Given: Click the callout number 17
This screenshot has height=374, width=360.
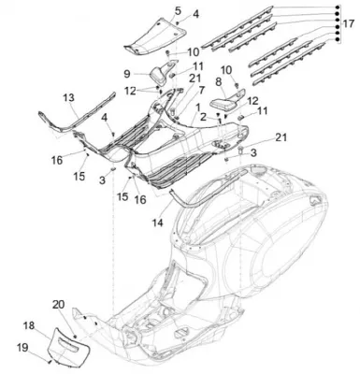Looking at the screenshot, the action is [349, 23].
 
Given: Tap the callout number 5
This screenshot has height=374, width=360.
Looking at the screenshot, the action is [178, 10].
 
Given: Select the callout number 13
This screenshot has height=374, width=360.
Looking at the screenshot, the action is [69, 97].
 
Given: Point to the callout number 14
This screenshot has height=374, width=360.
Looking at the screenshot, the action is [158, 223].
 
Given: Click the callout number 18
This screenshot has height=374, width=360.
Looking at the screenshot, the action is [30, 326].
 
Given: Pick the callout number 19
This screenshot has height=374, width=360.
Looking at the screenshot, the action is [22, 347].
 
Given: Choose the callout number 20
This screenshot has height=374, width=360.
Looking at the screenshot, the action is [58, 304].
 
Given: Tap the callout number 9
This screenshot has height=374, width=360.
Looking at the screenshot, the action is [127, 74].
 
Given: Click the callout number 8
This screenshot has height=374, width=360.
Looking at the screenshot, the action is [218, 82].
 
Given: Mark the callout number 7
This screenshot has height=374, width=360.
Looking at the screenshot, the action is [201, 91].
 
